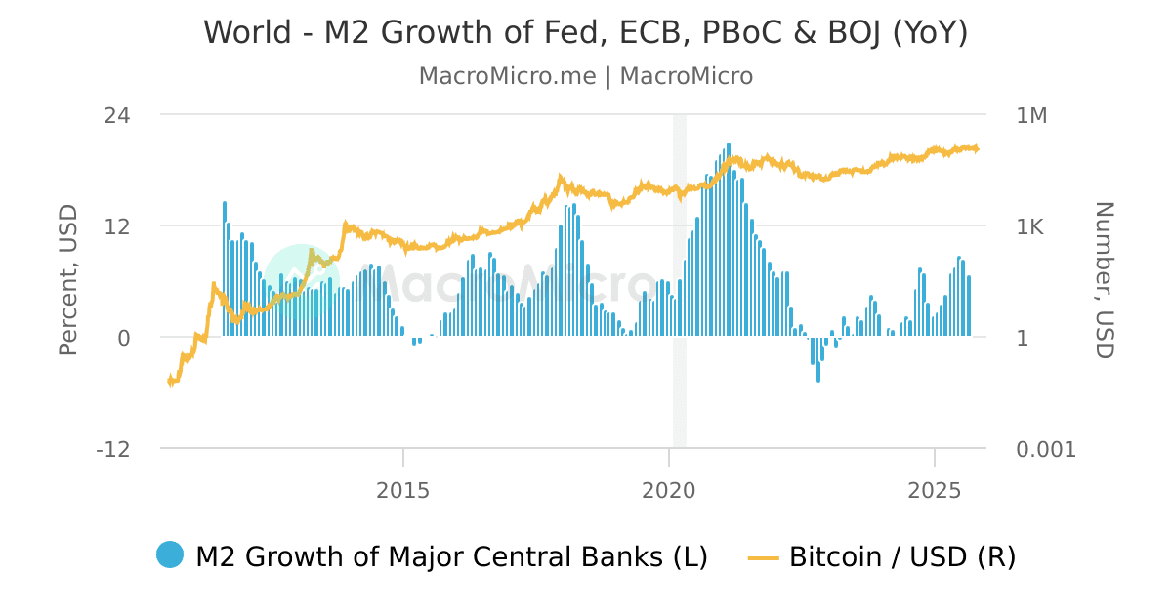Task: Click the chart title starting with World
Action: [586, 32]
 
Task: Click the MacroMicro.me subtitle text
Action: [586, 76]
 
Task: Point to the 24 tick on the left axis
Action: [117, 115]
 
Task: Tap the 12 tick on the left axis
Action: [117, 226]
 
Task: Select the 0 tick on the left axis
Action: [124, 338]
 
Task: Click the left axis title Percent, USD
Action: [67, 281]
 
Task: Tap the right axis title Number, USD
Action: [1104, 281]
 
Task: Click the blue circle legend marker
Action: [169, 554]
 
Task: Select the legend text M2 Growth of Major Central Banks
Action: [451, 556]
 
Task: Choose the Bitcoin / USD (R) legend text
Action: [902, 556]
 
